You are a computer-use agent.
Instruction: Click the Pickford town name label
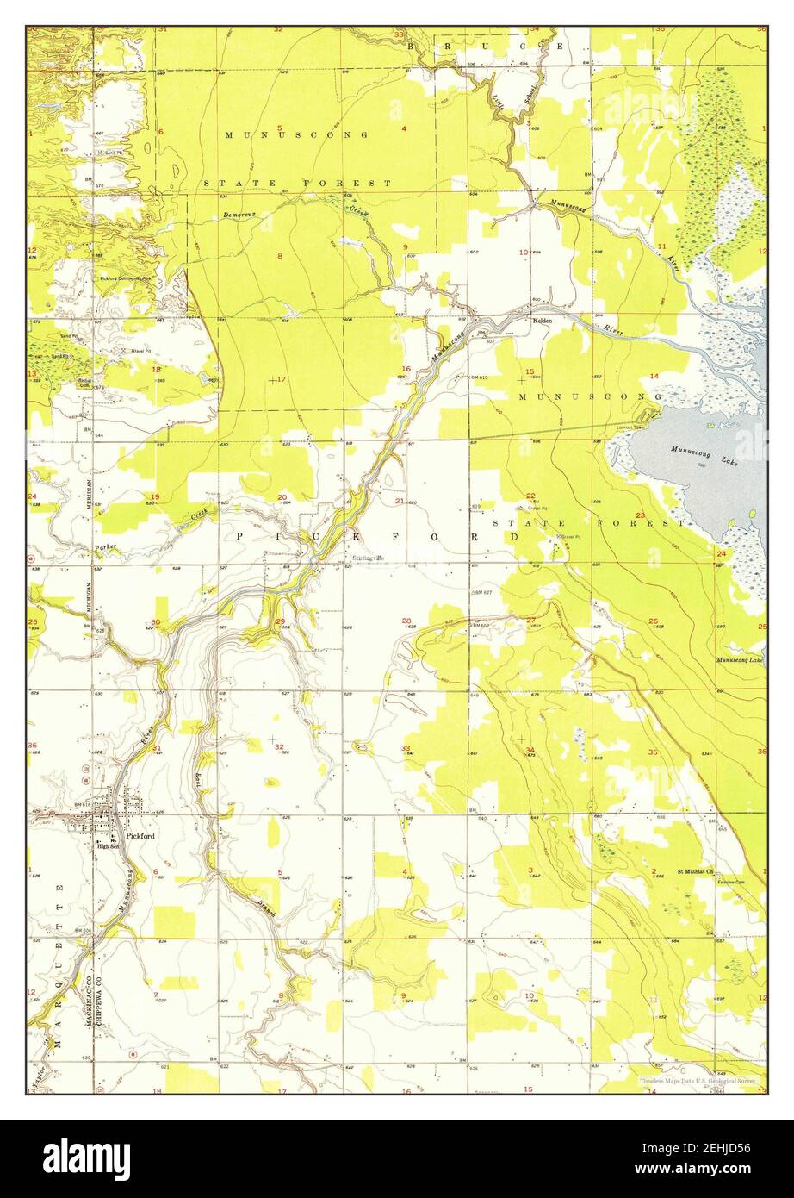tap(140, 835)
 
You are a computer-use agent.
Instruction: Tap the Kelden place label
tap(543, 320)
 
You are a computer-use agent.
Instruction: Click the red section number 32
tap(279, 747)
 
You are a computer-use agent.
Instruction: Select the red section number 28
tap(406, 620)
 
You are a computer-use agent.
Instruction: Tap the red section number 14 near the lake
tap(654, 376)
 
